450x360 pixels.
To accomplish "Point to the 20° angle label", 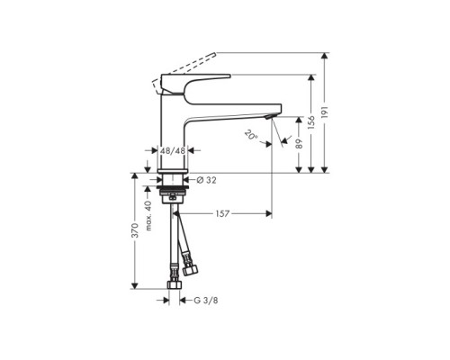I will coord(250,135).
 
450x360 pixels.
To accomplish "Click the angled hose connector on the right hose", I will coord(190,267).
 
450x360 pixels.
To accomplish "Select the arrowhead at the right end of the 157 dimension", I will coord(267,214).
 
